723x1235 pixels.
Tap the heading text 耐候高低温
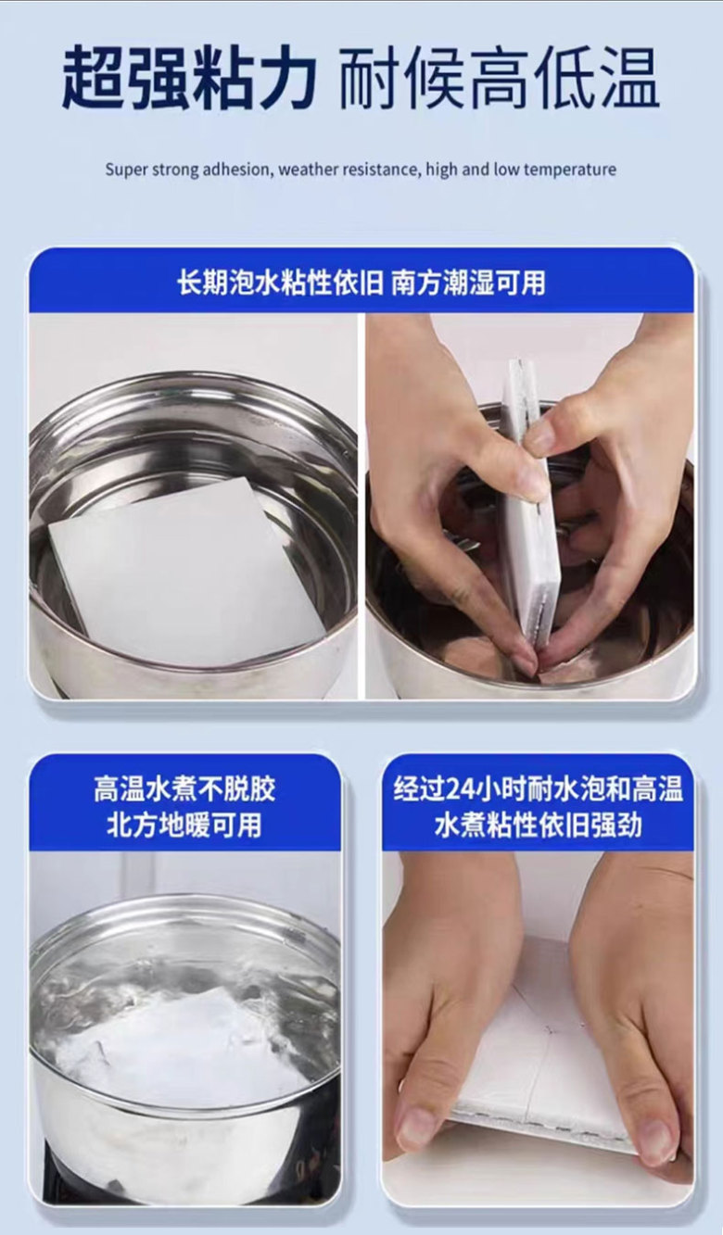[x=499, y=79]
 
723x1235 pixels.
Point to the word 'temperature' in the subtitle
[x=570, y=170]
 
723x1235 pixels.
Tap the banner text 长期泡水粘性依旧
[x=280, y=283]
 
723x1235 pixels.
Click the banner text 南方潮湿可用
[x=468, y=283]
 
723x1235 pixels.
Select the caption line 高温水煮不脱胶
[x=184, y=789]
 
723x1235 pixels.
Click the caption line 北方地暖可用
[x=184, y=825]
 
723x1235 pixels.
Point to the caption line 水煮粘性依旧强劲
[x=538, y=825]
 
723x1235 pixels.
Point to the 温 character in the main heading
[x=629, y=79]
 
